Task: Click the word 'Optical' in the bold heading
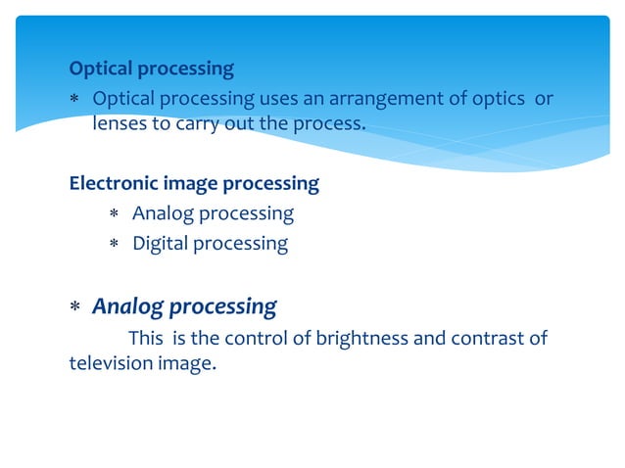pos(100,70)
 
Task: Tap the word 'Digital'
pos(160,243)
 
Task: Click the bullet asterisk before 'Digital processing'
pos(114,244)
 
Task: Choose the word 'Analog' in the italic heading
pos(127,306)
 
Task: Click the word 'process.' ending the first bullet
pos(328,124)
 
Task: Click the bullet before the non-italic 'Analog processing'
pos(114,213)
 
